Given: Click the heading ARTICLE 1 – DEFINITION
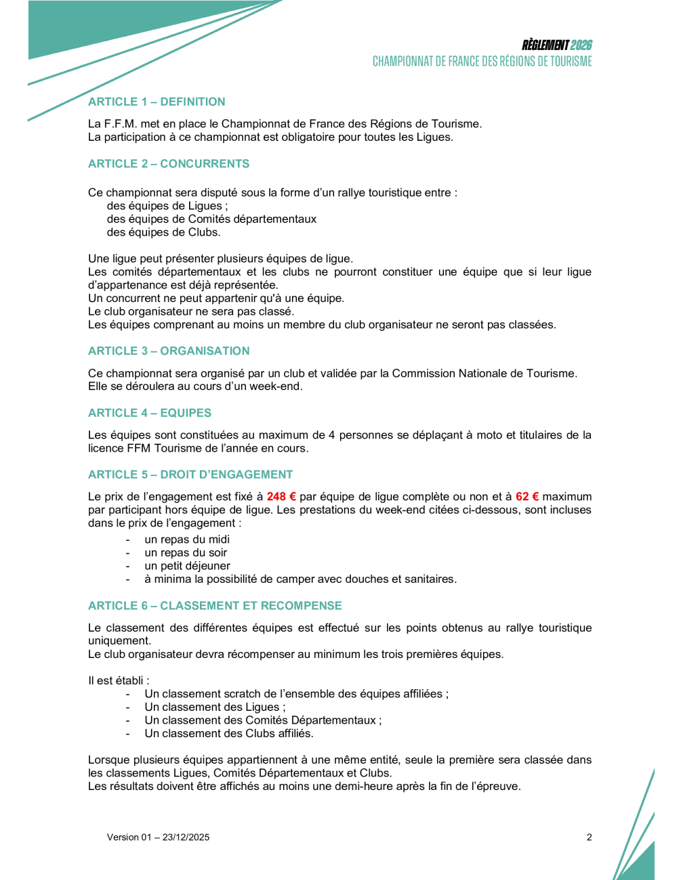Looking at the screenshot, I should click(x=157, y=102).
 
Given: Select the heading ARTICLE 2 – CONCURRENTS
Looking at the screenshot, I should click(x=169, y=164).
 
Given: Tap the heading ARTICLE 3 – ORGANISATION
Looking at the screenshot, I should click(x=169, y=351).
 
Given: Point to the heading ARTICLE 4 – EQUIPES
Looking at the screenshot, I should click(x=150, y=413).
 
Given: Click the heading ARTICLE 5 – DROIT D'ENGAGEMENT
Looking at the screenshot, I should click(x=190, y=475).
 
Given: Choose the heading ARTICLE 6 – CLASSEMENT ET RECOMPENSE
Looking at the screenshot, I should click(x=215, y=606).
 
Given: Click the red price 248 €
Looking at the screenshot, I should click(x=281, y=497).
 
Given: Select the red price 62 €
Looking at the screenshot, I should click(x=527, y=497).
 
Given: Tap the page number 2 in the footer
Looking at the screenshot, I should click(x=589, y=837).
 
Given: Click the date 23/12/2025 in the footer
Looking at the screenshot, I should click(x=186, y=837).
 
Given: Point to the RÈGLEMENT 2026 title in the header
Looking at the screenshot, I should click(x=557, y=45).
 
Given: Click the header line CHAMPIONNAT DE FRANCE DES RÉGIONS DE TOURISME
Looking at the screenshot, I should click(x=482, y=62).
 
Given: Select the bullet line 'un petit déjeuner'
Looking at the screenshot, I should click(x=187, y=566).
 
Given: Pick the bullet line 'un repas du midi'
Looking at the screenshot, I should click(x=187, y=540).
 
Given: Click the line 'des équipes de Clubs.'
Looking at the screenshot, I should click(x=163, y=232).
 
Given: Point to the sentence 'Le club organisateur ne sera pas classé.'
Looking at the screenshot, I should click(x=191, y=311).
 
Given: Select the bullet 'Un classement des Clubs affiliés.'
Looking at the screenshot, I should click(x=229, y=734).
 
